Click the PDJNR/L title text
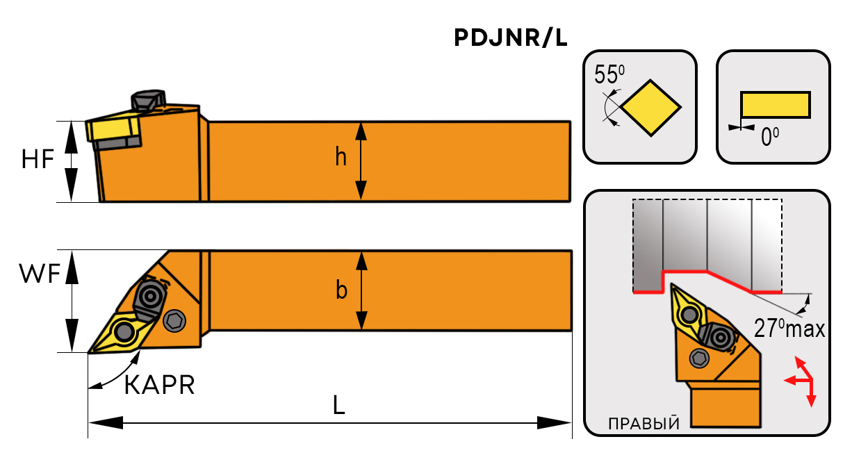click(x=511, y=39)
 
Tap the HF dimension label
click(x=38, y=160)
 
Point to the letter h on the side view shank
click(x=341, y=158)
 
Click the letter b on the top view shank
click(x=341, y=290)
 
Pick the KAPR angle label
click(x=159, y=385)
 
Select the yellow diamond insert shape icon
click(x=651, y=108)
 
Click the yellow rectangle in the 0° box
click(x=775, y=105)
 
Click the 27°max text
click(x=788, y=328)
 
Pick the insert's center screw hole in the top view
click(x=124, y=331)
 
